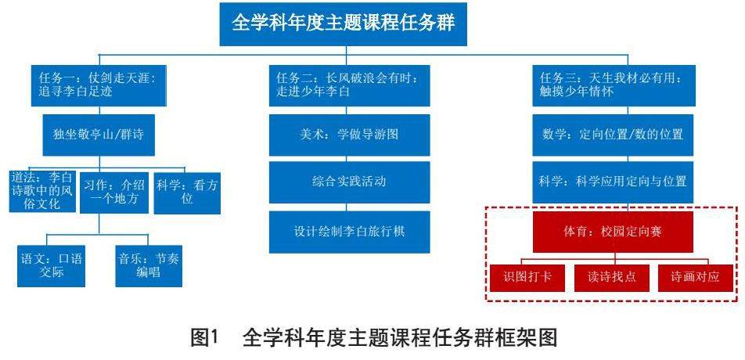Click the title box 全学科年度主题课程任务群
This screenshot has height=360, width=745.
pyautogui.click(x=343, y=23)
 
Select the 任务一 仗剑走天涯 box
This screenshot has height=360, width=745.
pyautogui.click(x=99, y=85)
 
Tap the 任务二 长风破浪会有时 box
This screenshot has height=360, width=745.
pyautogui.click(x=349, y=85)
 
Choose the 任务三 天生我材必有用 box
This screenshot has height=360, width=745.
pyautogui.click(x=614, y=85)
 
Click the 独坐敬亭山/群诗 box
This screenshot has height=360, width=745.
pyautogui.click(x=99, y=135)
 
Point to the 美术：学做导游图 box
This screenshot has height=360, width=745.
pyautogui.click(x=349, y=135)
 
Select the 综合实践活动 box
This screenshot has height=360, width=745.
pyautogui.click(x=349, y=182)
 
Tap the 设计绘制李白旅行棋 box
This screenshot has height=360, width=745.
pyautogui.click(x=349, y=232)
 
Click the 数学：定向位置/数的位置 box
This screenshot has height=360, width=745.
pyautogui.click(x=614, y=135)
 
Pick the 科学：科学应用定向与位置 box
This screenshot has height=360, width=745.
pyautogui.click(x=614, y=182)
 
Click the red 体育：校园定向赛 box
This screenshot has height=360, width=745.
pyautogui.click(x=613, y=232)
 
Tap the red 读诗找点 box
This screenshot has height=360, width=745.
pyautogui.click(x=611, y=277)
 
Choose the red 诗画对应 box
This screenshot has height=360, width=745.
pyautogui.click(x=696, y=277)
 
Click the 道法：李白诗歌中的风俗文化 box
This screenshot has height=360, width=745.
pyautogui.click(x=42, y=192)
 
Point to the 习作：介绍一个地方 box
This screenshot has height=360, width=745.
pyautogui.click(x=114, y=192)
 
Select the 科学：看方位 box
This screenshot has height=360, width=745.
pyautogui.click(x=187, y=193)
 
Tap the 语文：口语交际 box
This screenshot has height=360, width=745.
pyautogui.click(x=52, y=266)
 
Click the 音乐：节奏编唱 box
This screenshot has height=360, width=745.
pyautogui.click(x=149, y=266)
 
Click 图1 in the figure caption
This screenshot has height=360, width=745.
pyautogui.click(x=204, y=338)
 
